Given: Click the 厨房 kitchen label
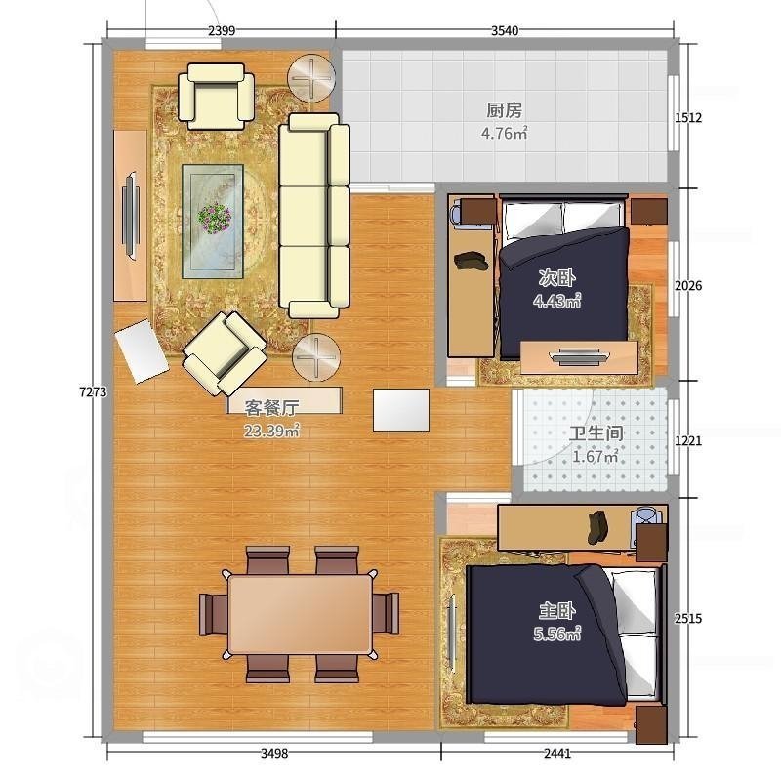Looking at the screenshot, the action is [504, 110].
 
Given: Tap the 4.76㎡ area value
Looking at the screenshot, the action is [504, 133].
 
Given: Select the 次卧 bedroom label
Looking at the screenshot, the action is [556, 278].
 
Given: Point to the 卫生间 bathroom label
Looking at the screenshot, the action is [596, 433].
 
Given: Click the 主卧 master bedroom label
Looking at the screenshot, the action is [556, 611].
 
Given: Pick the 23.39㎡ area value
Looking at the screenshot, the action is [271, 431].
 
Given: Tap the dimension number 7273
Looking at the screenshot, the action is [93, 392].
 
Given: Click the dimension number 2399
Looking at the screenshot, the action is [222, 31].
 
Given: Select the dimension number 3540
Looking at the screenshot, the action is [505, 31].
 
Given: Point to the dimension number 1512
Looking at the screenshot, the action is [688, 118].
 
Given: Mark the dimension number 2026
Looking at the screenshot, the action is [688, 285].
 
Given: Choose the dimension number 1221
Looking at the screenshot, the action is [688, 441].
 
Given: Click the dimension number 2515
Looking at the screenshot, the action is [688, 619].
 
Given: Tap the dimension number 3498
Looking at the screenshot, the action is [274, 753].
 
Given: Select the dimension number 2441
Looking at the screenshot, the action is [557, 753].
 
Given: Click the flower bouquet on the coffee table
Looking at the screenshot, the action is [215, 218].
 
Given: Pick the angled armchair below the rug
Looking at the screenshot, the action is [225, 353].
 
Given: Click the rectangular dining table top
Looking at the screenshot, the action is [300, 613].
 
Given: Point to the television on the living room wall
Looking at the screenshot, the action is [131, 216].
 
